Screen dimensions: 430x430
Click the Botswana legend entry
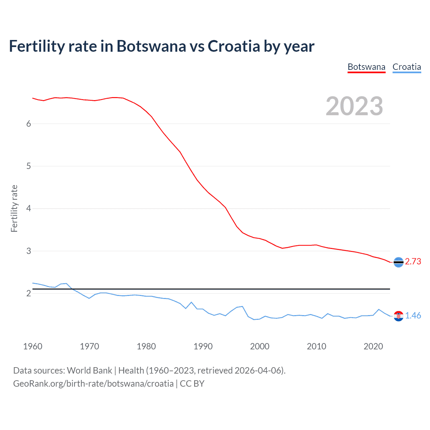pos(366,67)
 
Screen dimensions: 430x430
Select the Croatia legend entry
pos(406,67)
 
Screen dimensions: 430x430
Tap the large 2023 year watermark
pos(354,106)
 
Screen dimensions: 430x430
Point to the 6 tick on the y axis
pos(29,124)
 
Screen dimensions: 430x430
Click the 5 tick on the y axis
pos(29,166)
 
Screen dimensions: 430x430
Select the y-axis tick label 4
pos(29,209)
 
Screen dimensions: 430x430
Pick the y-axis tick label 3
pos(29,251)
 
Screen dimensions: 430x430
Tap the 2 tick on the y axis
pos(29,293)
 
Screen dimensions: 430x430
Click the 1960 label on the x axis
pos(33,346)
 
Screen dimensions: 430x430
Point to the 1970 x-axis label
pos(89,346)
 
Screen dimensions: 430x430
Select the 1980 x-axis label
pos(146,346)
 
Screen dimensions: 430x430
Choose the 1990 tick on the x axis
pos(203,346)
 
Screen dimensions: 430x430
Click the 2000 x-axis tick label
pos(260,346)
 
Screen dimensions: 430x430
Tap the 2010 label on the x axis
pos(316,346)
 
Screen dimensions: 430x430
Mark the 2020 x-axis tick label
pos(373,346)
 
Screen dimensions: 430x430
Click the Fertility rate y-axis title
pos(14,208)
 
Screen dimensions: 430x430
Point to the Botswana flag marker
pos(398,262)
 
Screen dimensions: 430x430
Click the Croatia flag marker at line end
pos(398,316)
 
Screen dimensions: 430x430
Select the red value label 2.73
pos(413,262)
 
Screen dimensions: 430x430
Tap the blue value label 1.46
pos(413,316)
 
